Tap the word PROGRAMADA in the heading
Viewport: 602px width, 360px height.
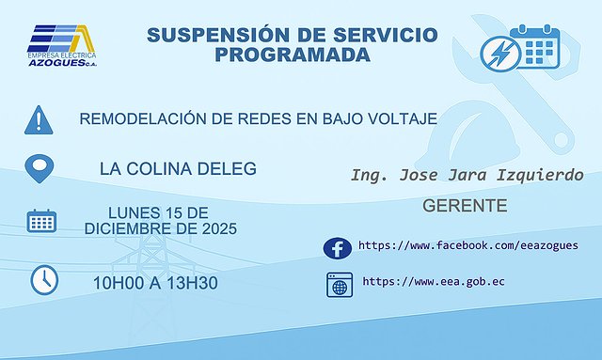tap(292, 55)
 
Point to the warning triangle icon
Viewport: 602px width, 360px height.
tap(39, 119)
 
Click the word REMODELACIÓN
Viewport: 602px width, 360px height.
tap(142, 119)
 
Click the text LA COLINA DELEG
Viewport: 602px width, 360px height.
tap(177, 169)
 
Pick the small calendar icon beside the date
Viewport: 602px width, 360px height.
tap(41, 223)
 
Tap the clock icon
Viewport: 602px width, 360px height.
tap(44, 279)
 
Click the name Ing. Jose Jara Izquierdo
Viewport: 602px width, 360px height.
tap(467, 176)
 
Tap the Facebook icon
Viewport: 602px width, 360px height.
tap(337, 247)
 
